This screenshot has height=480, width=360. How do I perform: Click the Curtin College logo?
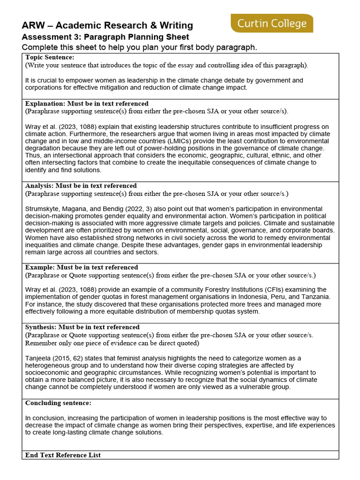pyautogui.click(x=272, y=23)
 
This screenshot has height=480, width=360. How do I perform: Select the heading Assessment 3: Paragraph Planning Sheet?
pyautogui.click(x=105, y=37)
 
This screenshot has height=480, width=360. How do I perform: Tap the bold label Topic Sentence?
pyautogui.click(x=50, y=57)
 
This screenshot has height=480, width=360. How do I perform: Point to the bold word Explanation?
pyautogui.click(x=45, y=104)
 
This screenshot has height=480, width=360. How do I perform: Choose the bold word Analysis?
pyautogui.click(x=41, y=186)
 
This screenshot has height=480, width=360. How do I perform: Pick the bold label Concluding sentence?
pyautogui.click(x=58, y=403)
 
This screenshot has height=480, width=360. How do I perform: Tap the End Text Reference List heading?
pyautogui.click(x=63, y=455)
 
